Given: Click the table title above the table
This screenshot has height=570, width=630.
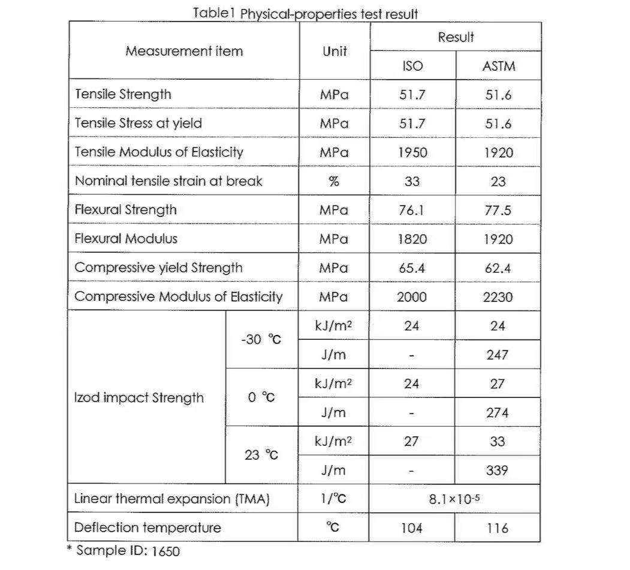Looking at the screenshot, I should click(x=305, y=14).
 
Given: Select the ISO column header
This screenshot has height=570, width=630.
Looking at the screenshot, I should click(x=412, y=66).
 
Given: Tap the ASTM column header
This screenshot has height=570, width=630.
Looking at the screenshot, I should click(x=498, y=66).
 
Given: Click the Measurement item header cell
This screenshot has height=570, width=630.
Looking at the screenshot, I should click(x=184, y=51).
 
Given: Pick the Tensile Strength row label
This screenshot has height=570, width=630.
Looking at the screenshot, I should click(x=123, y=94).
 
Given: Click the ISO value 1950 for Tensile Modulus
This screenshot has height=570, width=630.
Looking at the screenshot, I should click(x=412, y=152).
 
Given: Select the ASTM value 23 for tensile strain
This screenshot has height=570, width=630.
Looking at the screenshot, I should click(x=498, y=182).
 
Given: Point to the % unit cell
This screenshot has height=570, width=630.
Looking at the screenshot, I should click(x=334, y=181).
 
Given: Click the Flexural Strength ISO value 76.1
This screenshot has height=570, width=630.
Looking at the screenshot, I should click(x=412, y=210).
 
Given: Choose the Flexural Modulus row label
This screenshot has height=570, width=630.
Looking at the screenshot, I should click(x=126, y=239).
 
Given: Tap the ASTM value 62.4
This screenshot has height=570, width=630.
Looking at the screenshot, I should click(x=498, y=268).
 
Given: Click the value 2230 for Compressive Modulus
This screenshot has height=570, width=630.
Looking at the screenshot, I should click(x=498, y=297).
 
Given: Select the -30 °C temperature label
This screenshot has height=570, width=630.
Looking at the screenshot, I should click(x=261, y=340).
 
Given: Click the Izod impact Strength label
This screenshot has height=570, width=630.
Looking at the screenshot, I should click(x=139, y=398).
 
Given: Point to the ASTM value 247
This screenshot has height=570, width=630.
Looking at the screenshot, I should click(x=498, y=355).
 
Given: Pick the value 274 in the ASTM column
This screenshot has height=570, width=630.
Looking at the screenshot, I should click(x=498, y=413).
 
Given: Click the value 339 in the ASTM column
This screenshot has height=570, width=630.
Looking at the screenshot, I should click(x=498, y=471).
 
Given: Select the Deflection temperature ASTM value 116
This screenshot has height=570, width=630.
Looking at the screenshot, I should click(x=498, y=528).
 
